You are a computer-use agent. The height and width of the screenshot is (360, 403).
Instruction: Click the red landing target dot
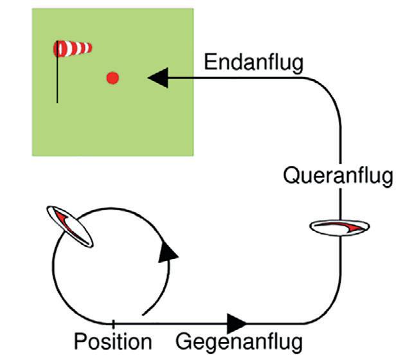point(113,78)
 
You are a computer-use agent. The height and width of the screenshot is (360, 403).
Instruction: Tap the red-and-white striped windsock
point(74,48)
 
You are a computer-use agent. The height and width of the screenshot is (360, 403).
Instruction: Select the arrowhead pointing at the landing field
point(158,78)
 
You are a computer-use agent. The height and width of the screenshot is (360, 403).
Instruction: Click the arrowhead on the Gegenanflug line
point(237,321)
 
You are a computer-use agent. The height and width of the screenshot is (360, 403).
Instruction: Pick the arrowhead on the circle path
point(169,253)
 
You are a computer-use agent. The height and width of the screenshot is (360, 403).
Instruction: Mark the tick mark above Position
point(113,321)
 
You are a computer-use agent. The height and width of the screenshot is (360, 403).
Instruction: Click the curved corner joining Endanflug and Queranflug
point(332,87)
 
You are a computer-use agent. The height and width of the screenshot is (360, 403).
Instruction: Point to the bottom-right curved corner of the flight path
point(330,312)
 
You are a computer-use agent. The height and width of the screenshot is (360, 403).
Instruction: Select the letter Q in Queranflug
point(291,174)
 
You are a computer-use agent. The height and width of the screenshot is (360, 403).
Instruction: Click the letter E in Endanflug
point(210,63)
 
